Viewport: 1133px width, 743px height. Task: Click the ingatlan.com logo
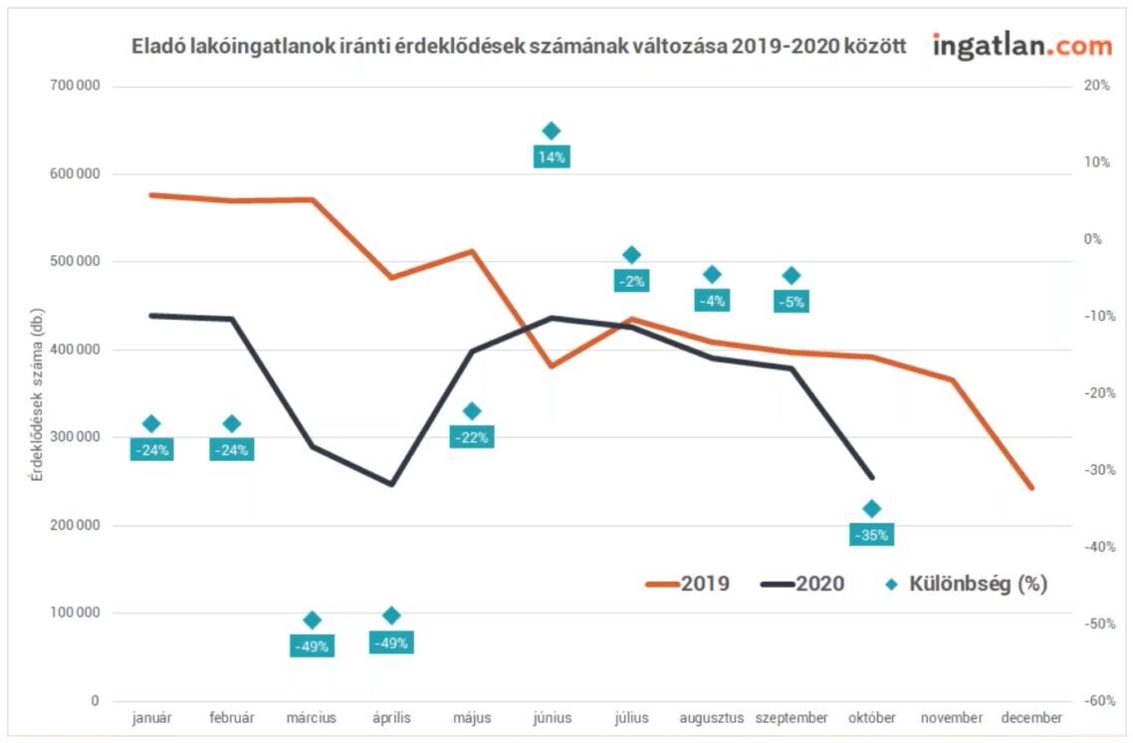[1021, 45]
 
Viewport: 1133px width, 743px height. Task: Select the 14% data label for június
[551, 156]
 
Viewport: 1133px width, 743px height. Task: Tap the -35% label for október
[870, 535]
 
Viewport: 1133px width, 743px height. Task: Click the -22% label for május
[471, 437]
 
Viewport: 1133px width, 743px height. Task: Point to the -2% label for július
[631, 281]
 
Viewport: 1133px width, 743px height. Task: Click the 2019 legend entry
[688, 584]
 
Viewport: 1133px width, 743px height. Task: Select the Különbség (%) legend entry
[967, 584]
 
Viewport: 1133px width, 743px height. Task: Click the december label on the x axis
[1031, 718]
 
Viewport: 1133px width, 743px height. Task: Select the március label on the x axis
[312, 718]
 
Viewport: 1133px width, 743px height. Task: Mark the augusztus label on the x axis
[711, 718]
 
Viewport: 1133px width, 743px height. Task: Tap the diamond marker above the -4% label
[711, 275]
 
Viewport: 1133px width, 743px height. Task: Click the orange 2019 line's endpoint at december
[1031, 488]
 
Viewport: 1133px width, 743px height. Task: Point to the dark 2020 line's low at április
[391, 485]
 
